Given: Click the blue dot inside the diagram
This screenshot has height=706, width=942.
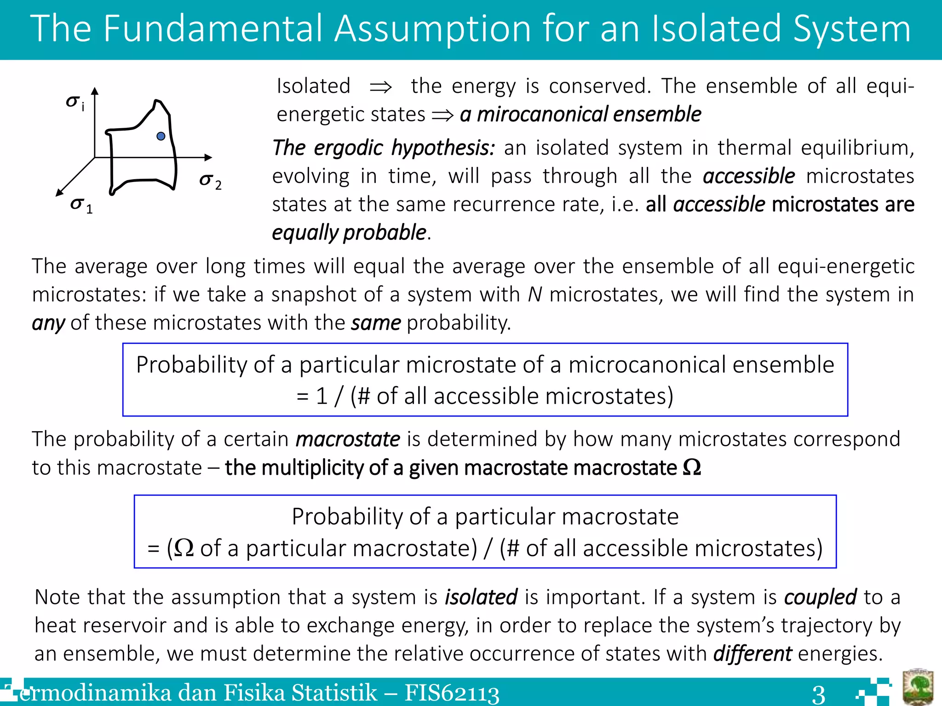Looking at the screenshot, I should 161,136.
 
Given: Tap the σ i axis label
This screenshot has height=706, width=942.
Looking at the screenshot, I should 75,103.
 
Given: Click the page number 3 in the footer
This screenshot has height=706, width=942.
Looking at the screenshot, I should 818,694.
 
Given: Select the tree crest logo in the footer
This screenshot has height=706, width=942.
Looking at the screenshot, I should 918,687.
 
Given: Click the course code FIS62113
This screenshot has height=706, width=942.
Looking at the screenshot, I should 452,693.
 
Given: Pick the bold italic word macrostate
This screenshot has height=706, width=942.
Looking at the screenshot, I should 348,439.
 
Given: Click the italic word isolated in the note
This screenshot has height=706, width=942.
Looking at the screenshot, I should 481,597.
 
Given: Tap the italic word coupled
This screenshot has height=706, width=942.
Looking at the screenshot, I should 820,597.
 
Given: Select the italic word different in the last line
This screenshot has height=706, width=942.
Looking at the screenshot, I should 752,653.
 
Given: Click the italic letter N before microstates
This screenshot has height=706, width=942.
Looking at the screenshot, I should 535,294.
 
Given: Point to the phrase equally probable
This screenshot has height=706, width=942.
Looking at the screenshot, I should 349,233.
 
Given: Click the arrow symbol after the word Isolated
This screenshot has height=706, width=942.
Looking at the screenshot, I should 381,87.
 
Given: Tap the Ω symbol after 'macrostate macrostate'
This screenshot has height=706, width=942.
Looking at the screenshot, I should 692,467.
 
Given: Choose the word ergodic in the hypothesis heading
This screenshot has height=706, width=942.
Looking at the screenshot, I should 348,148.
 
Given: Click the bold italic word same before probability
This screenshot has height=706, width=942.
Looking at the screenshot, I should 376,323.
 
